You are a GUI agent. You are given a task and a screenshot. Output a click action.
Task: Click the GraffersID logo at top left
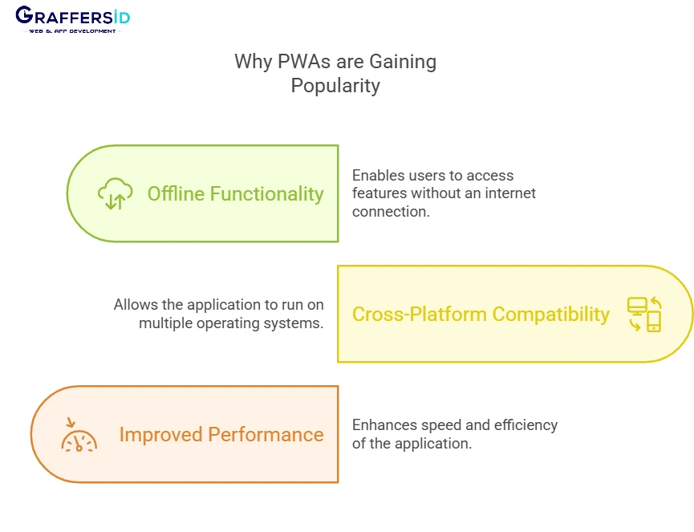(71, 16)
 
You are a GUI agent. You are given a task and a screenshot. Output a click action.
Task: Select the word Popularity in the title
(335, 86)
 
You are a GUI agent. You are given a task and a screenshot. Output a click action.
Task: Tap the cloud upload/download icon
(115, 194)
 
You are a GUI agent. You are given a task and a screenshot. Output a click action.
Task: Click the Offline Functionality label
(235, 193)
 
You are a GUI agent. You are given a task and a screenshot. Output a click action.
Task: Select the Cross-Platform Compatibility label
(481, 314)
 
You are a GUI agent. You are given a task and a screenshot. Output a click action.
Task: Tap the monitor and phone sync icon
(643, 314)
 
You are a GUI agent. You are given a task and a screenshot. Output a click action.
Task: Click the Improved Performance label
(221, 434)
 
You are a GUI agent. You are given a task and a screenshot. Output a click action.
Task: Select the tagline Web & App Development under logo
(71, 30)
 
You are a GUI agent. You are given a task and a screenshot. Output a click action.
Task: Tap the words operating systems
(272, 323)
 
